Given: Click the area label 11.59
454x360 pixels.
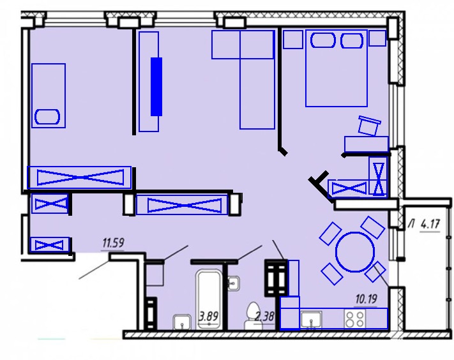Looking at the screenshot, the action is (113, 243).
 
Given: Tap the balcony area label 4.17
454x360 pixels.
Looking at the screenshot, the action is (430, 224).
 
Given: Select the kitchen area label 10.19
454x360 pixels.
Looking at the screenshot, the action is (366, 299).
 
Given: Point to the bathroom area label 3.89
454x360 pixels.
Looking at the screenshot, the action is (208, 317).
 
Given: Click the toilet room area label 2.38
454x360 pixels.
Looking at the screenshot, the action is (264, 317).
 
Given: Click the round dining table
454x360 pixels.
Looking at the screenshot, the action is (355, 251).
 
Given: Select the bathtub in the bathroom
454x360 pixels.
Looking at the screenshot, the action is (209, 299).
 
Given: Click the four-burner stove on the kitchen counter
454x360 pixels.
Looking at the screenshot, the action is (355, 319).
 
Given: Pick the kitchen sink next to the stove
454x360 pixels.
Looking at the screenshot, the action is (311, 319).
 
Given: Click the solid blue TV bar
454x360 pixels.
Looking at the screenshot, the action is (156, 87).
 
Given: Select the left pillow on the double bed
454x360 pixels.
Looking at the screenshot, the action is (323, 40).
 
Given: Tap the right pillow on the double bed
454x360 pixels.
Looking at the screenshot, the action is (352, 40).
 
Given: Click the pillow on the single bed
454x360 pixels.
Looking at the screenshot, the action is (47, 117).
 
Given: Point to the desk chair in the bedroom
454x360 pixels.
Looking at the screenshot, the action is (369, 125).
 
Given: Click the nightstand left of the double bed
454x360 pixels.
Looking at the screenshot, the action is (292, 39).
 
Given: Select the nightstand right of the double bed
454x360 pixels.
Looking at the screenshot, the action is (377, 38).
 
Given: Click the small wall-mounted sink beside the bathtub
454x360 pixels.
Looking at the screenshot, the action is (233, 283).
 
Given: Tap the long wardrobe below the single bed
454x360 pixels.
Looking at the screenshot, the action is (79, 177).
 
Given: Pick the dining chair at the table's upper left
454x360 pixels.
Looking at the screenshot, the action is (330, 233).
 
